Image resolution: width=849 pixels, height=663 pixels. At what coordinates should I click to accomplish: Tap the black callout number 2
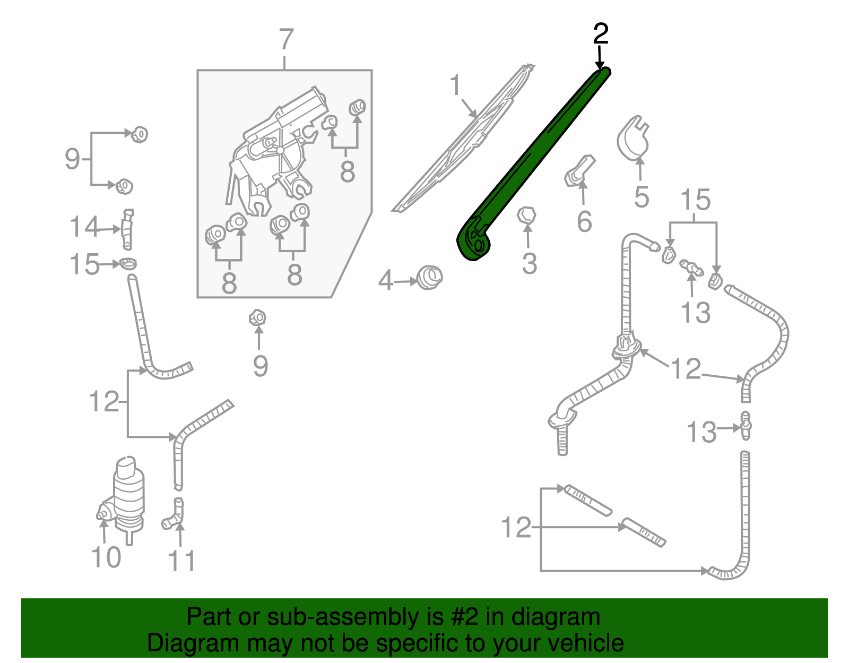[x=600, y=34]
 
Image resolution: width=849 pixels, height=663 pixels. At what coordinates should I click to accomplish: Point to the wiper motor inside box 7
[x=276, y=149]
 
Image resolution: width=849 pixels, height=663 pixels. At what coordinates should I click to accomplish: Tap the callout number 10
[x=106, y=557]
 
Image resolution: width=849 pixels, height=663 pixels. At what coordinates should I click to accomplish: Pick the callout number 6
[x=584, y=221]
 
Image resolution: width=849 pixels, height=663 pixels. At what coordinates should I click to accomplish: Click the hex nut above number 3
[x=526, y=216]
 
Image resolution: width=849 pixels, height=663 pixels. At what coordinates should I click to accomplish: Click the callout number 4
[x=386, y=280]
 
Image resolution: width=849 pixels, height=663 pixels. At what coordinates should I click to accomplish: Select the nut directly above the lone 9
[x=257, y=318]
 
